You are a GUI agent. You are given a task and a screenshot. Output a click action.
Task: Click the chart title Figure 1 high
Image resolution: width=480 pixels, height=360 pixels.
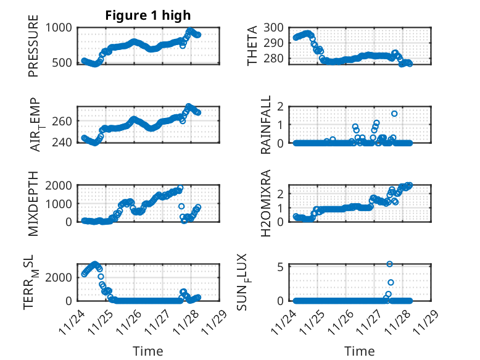pos(148,15)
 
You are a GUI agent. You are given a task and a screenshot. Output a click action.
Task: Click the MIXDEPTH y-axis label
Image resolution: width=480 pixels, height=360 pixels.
pos(34,203)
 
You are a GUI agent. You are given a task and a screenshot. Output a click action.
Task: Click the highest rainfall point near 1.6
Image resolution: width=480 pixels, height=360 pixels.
pos(394,114)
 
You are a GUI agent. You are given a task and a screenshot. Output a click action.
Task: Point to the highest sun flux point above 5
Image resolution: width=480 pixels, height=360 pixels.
pos(390,264)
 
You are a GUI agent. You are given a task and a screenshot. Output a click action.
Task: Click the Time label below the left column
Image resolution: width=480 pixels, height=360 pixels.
pos(148,351)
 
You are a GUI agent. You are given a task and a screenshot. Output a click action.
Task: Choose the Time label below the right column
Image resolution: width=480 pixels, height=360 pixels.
pos(360,351)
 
